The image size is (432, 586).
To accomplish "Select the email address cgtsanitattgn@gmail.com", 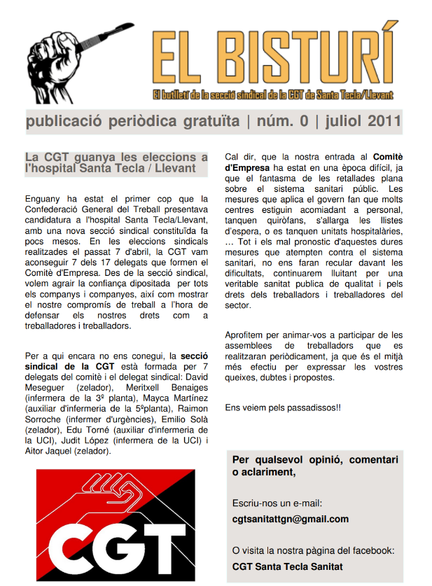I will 290,519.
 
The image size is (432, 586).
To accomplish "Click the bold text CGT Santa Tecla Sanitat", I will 287,566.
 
